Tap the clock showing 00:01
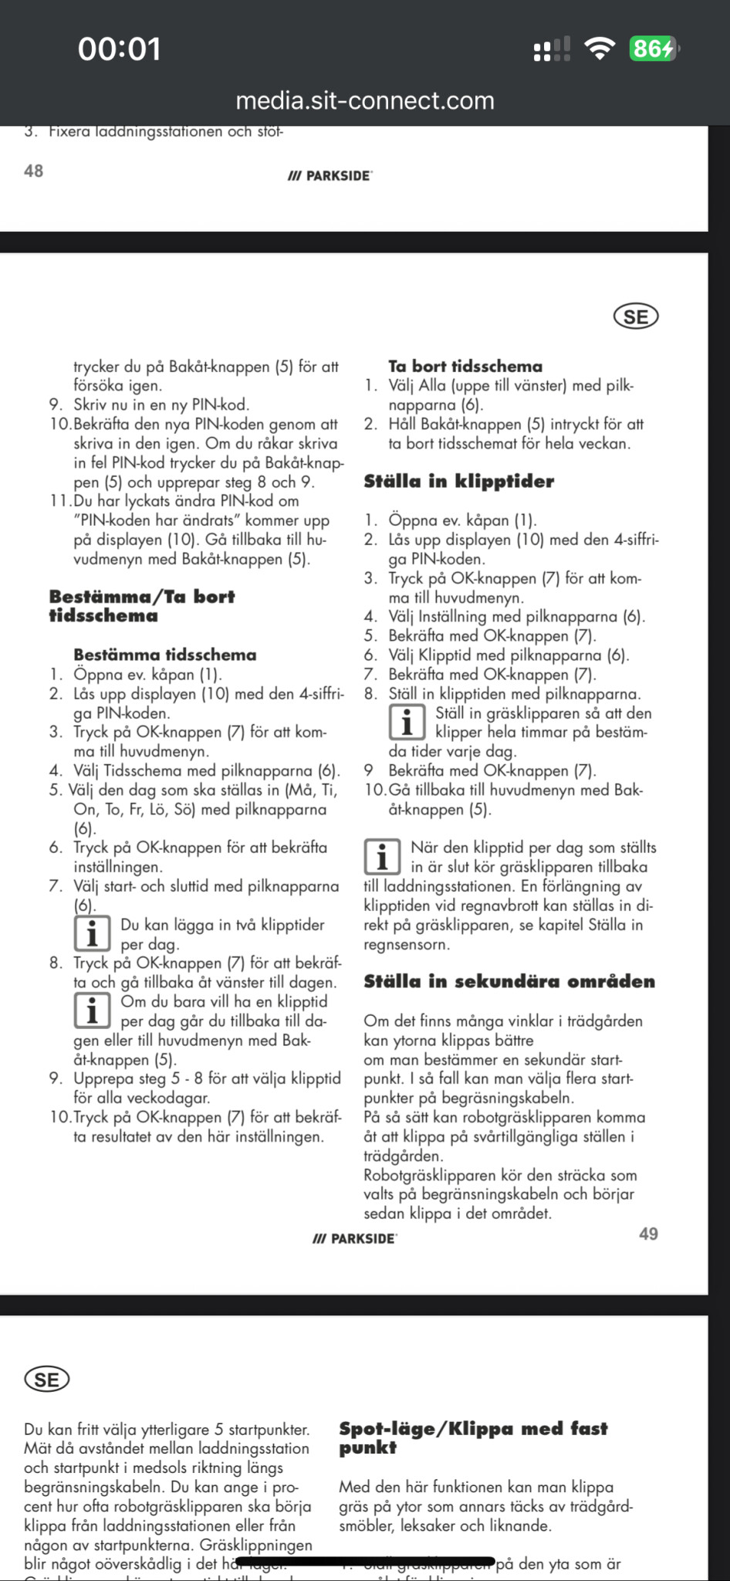120,49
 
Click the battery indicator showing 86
653,49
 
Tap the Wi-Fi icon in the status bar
599,49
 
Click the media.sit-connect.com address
365,100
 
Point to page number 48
34,171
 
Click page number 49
648,1234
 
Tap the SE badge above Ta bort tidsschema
636,317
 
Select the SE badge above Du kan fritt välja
47,1380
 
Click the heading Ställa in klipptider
459,482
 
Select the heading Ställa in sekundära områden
509,982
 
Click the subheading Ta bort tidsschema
465,367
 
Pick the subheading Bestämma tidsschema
165,655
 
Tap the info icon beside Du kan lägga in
92,934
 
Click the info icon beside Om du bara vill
92,1011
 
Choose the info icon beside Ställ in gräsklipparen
407,722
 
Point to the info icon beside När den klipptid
382,857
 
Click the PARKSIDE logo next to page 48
330,176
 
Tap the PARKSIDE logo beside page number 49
355,1239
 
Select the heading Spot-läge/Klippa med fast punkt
473,1437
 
